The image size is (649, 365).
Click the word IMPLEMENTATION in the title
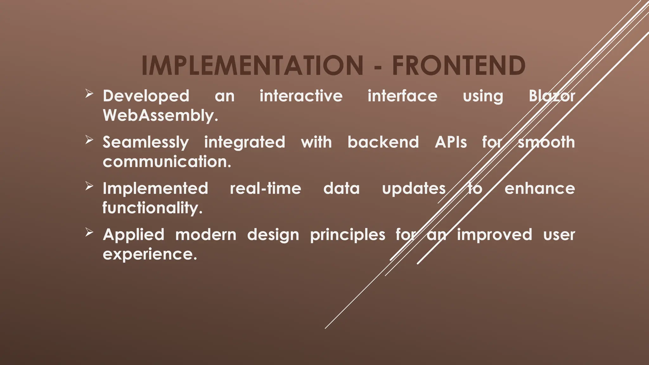coord(252,66)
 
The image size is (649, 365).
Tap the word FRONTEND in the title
coord(459,66)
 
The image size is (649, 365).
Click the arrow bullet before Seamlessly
coord(89,140)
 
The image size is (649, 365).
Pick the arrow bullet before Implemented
coord(89,186)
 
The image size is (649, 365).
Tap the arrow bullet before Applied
coord(89,232)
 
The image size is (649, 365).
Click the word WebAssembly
coord(160,116)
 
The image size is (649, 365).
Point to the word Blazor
coord(552,96)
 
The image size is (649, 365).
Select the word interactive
coord(301,96)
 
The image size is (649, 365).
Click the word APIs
coord(451,142)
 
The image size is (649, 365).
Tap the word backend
coord(383,142)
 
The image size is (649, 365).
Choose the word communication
coord(167,162)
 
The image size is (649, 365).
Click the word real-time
coord(266,189)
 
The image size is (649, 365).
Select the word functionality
coord(152,208)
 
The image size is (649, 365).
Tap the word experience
coord(150,254)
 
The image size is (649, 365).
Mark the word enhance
coord(540,189)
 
